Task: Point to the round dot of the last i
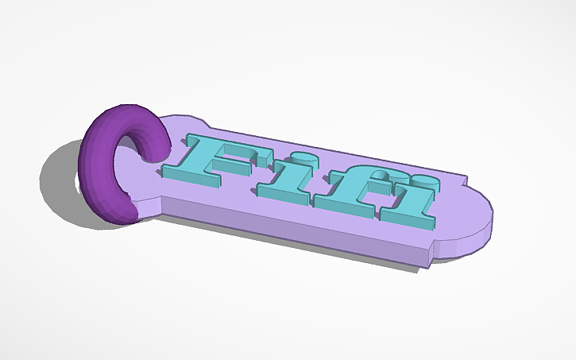tap(424, 180)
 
